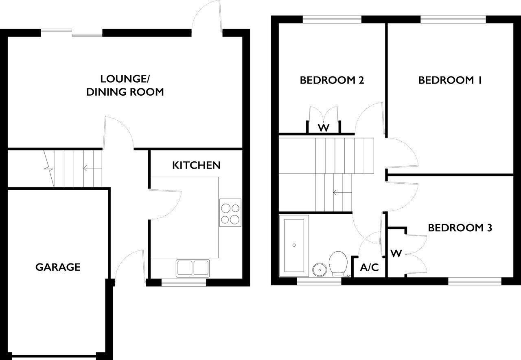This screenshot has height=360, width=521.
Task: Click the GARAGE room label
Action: click(58, 267)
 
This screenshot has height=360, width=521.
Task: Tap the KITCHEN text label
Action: click(196, 165)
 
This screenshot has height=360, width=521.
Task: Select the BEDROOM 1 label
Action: click(450, 80)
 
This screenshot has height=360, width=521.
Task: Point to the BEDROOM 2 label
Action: click(332, 80)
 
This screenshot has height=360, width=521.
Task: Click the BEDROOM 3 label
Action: click(460, 227)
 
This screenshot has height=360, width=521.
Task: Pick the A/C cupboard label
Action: click(370, 268)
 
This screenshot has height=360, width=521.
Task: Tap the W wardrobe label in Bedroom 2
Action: click(324, 128)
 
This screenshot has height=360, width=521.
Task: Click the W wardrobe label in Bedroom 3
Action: click(396, 254)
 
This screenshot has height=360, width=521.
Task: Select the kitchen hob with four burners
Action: click(230, 213)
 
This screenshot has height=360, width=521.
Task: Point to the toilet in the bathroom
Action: click(337, 263)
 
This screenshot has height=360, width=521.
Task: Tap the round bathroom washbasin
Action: click(320, 269)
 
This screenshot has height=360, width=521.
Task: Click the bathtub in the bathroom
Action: click(294, 246)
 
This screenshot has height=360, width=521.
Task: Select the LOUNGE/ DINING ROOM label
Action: click(125, 85)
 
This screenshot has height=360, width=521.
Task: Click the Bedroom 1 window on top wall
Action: click(453, 19)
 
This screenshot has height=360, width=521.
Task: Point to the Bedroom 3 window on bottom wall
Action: click(475, 281)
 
